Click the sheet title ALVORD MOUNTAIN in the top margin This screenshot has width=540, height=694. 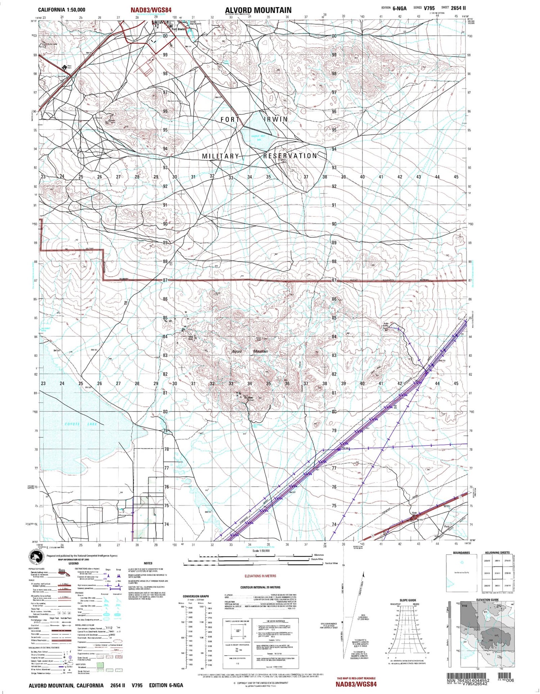pyautogui.click(x=258, y=10)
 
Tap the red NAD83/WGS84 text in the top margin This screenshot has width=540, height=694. pyautogui.click(x=151, y=10)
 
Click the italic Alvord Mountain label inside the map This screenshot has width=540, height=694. pyautogui.click(x=249, y=351)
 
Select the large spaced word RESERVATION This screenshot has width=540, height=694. pyautogui.click(x=290, y=156)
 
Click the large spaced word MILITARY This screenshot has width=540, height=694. pyautogui.click(x=220, y=156)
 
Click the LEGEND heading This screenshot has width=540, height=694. pyautogui.click(x=73, y=563)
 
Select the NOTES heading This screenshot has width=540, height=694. pyautogui.click(x=148, y=563)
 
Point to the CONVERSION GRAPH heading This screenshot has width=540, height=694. pyautogui.click(x=195, y=596)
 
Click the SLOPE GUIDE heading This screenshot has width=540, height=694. pyautogui.click(x=408, y=600)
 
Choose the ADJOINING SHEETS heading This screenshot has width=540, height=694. pyautogui.click(x=497, y=553)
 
